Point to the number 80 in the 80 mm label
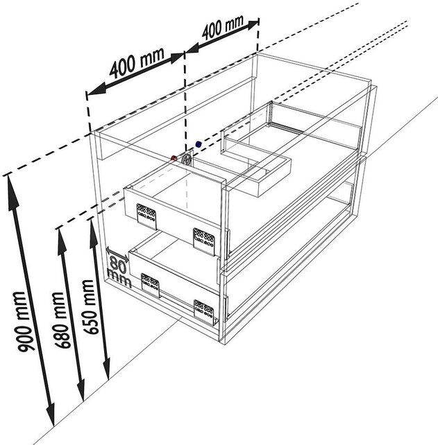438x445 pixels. tap(117, 263)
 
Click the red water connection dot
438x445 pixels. tap(174, 158)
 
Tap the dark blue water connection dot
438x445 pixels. tap(198, 144)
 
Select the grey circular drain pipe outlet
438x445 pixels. tap(186, 159)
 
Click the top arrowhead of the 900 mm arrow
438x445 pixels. tap(10, 182)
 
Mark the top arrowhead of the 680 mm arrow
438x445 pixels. tap(62, 233)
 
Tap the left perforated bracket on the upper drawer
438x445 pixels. tap(145, 214)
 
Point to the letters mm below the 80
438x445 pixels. tap(113, 277)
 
